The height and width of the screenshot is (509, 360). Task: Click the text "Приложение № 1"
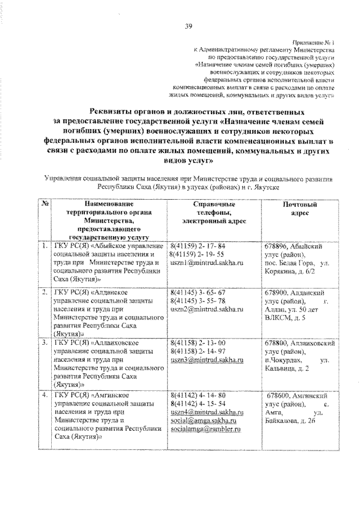point(314,43)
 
